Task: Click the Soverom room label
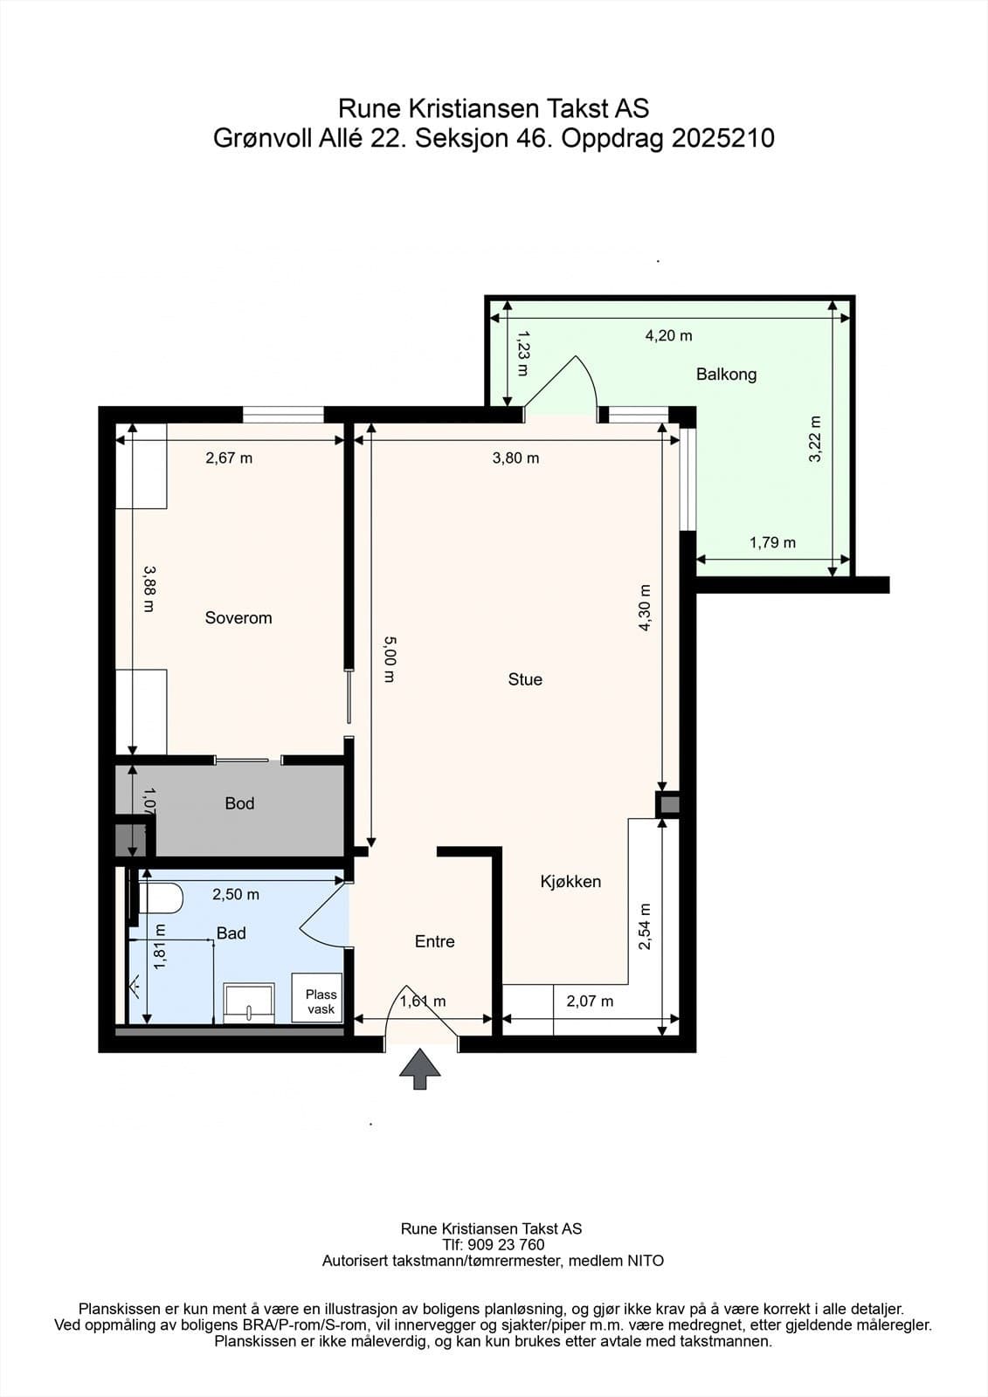(238, 618)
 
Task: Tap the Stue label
(525, 679)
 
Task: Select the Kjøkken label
(570, 882)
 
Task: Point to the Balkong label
(726, 375)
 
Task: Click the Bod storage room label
(239, 803)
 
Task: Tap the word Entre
(434, 941)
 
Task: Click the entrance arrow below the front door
(420, 1069)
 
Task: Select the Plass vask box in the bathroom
(317, 998)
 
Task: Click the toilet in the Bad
(161, 898)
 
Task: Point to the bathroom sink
(249, 1003)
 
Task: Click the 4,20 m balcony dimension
(668, 335)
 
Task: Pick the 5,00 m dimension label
(390, 659)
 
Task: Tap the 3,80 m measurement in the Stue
(515, 458)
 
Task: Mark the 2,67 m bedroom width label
(229, 458)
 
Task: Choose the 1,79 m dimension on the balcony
(773, 542)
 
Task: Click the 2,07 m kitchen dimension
(590, 1001)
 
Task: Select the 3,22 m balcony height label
(815, 439)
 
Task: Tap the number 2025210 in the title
(722, 138)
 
